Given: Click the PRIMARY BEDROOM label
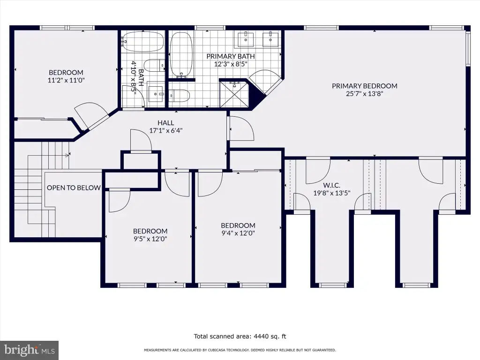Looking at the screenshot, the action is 365,86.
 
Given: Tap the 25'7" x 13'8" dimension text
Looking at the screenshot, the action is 365,94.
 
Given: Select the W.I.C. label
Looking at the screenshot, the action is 331,185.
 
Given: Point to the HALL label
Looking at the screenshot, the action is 166,123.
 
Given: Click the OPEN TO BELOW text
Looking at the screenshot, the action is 74,187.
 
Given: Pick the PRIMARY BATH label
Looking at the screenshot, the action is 231,56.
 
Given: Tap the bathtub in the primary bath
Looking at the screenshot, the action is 181,54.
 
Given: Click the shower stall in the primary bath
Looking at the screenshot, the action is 235,93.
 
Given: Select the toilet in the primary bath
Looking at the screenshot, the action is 179,95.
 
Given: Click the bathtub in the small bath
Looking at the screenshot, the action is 143,42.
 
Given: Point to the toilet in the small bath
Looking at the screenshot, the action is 154,65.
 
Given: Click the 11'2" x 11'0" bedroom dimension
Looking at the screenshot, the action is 66,80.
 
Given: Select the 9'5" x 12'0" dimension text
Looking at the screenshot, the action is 150,239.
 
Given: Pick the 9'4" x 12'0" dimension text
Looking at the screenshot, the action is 238,233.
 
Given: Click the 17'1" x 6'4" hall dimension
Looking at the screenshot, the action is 166,130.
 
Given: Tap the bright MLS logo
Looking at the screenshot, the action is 29,350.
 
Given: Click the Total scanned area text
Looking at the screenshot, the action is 240,337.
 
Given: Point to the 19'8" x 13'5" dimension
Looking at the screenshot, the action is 331,193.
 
